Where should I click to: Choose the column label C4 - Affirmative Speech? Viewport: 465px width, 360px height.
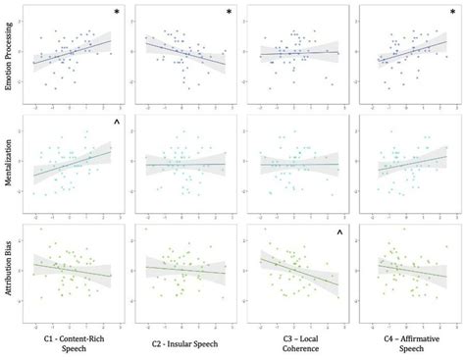click(x=406, y=336)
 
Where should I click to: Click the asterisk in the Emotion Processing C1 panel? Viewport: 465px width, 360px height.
click(x=116, y=13)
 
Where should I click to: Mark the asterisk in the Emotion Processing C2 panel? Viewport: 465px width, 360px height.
click(x=229, y=13)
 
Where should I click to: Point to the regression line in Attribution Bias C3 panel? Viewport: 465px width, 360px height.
click(x=299, y=272)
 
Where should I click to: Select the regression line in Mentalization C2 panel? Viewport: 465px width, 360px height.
click(x=186, y=164)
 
